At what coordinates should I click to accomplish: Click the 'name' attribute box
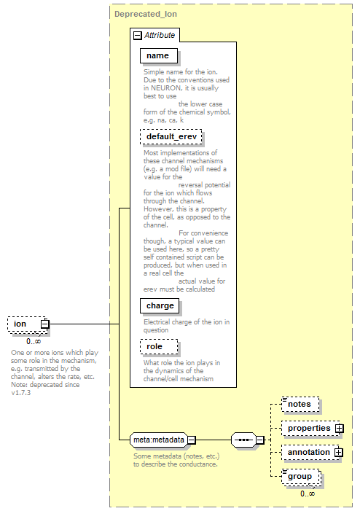(x=159, y=55)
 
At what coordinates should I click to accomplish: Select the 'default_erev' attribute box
(x=171, y=136)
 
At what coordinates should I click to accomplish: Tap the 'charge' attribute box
(x=160, y=305)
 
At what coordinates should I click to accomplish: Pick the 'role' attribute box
(x=159, y=346)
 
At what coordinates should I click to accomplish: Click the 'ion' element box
(x=28, y=324)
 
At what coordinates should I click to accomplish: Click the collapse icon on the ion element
(x=45, y=324)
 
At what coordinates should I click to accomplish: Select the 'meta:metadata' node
(x=159, y=440)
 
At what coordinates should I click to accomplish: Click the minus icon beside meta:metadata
(x=192, y=440)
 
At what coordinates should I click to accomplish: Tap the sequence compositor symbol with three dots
(x=243, y=440)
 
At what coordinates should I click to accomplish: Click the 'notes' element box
(x=300, y=405)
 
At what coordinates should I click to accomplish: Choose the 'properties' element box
(x=309, y=428)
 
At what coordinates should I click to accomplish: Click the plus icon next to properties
(x=340, y=428)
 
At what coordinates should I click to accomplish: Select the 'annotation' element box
(x=308, y=453)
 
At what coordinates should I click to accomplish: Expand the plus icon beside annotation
(x=339, y=453)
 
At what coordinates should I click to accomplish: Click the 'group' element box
(x=301, y=477)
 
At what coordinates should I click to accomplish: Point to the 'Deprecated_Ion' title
(x=146, y=15)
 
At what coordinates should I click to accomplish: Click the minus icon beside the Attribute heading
(x=138, y=36)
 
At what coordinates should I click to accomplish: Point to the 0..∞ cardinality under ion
(x=34, y=341)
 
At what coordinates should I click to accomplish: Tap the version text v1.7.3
(x=21, y=393)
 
